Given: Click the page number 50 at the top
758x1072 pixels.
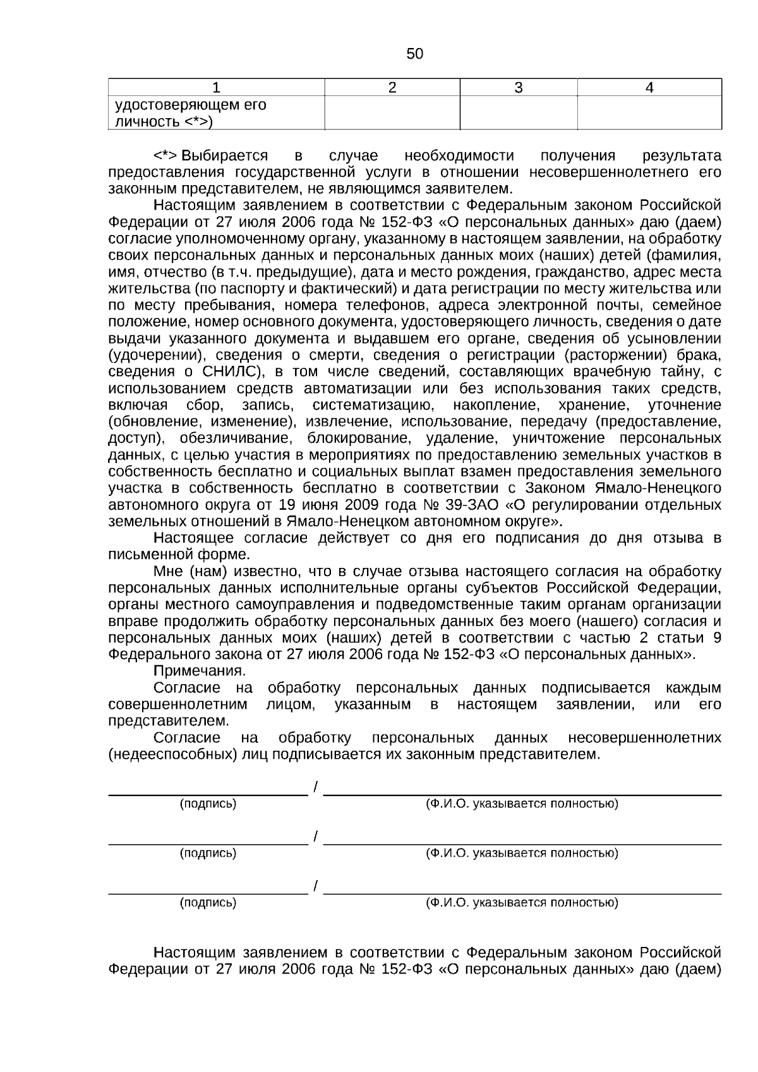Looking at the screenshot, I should [414, 54].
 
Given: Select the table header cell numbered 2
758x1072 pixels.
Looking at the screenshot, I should [392, 88].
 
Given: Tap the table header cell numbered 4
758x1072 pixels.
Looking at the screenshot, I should [649, 88].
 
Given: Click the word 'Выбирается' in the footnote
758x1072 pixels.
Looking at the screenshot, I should [224, 155].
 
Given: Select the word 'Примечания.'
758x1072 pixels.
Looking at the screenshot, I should [200, 670].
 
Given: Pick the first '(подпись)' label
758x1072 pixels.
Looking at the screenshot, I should [208, 804].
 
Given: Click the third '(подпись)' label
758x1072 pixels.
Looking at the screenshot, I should [208, 902].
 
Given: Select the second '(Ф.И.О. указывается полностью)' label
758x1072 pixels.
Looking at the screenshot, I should [522, 853].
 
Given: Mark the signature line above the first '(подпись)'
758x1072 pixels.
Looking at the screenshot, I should [208, 793].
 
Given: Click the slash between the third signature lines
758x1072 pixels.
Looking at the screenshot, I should [315, 886].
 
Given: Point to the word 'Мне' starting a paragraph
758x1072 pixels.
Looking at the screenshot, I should [168, 571].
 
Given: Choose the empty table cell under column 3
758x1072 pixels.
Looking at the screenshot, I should [518, 113].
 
